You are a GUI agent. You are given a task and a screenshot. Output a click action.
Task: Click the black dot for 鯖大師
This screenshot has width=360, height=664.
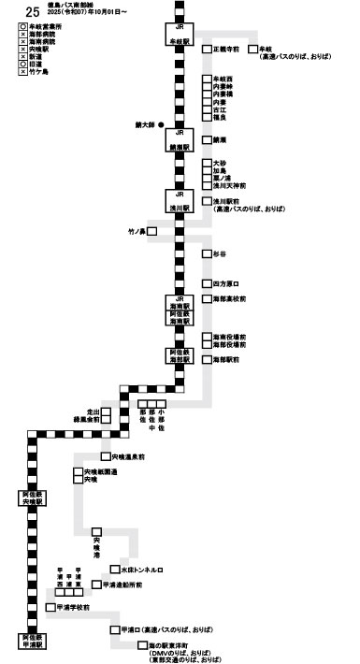pyautogui.click(x=162, y=124)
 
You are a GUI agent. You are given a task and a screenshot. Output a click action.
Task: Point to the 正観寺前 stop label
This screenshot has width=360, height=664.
pyautogui.click(x=226, y=48)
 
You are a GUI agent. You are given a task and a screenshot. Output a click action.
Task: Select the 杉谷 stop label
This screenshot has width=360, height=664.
pyautogui.click(x=221, y=253)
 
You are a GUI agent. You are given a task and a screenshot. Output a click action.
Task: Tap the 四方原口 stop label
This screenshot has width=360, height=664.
pyautogui.click(x=226, y=282)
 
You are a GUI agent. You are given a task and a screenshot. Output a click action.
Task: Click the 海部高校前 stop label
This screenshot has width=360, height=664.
pyautogui.click(x=229, y=299)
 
